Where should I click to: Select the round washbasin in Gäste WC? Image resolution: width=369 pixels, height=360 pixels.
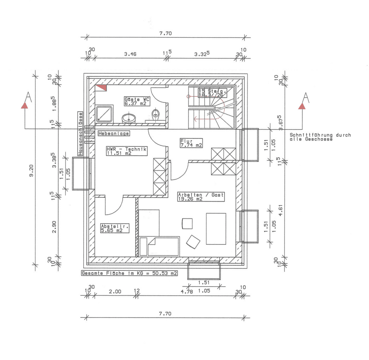coord(129,118)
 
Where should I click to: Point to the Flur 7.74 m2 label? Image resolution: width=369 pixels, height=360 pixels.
coord(191,143)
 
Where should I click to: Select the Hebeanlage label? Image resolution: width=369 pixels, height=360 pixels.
coord(113,133)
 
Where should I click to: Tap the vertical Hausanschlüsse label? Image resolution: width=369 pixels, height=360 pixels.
coord(80,134)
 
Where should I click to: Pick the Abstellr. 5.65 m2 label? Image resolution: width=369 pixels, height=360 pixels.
coord(114,228)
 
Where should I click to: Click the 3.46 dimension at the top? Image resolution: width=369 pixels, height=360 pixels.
coord(130,54)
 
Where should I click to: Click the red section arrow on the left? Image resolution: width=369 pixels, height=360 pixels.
coord(25,105)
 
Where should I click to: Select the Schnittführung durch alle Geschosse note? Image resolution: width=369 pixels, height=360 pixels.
coord(320,137)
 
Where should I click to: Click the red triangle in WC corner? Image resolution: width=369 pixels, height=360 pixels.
coord(102,87)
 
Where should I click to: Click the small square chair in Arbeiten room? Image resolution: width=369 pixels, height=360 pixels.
coord(187,223)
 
